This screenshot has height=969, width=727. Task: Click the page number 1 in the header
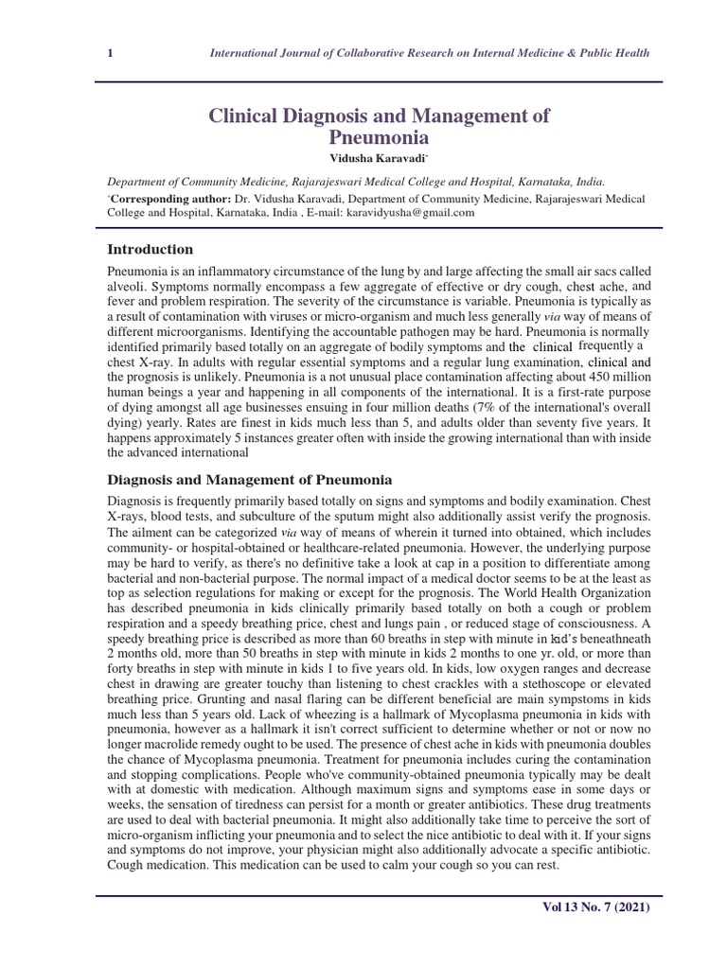pos(110,53)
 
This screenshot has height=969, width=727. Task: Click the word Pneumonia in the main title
pos(378,137)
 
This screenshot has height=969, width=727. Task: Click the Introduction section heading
pos(151,250)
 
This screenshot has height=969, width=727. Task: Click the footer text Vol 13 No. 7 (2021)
pos(594,907)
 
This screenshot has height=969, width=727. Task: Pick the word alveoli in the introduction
pos(128,287)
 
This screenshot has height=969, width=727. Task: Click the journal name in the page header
pos(429,53)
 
